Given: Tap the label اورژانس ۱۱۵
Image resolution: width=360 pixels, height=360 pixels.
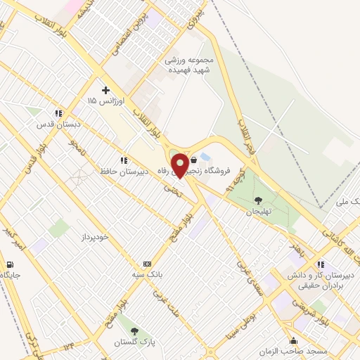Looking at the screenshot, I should pos(105,101).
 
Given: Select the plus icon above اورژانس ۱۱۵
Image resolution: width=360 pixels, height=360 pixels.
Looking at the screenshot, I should pos(105,90).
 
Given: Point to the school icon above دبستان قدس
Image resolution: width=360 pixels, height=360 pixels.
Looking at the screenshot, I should pos(59,112).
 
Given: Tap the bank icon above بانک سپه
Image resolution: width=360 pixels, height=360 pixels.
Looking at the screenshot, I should pos(146,263).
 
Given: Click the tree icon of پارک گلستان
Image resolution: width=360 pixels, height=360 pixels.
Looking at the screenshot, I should pos(134,331).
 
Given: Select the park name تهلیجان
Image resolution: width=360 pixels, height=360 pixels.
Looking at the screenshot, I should pos(258,210).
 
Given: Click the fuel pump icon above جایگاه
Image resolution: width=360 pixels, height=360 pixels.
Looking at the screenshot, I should pos(9,264).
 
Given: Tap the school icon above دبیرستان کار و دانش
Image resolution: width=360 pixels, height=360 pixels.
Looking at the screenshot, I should pos(321,264).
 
